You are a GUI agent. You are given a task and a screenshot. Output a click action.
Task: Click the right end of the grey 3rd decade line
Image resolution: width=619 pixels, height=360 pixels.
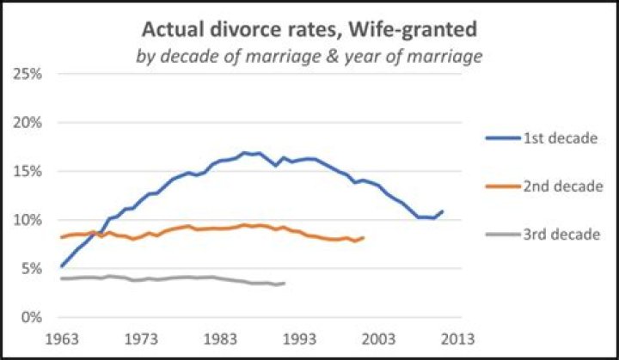tap(285, 283)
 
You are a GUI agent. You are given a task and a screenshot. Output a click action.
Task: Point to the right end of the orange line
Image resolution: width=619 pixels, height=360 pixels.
tap(364, 237)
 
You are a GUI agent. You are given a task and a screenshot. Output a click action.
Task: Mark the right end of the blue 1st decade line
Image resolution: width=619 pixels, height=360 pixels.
tap(444, 211)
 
